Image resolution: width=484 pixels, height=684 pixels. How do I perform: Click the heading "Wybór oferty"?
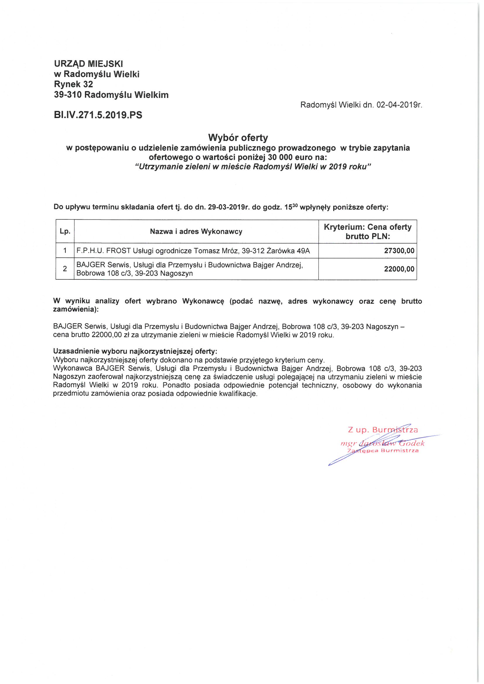(x=238, y=138)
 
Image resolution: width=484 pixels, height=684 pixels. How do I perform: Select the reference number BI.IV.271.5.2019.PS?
(x=98, y=115)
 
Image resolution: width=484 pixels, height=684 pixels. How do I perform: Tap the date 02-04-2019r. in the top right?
(x=399, y=105)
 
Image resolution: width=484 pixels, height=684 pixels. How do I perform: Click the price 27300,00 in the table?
(x=399, y=250)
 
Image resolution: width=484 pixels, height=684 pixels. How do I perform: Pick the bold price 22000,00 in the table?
(x=399, y=269)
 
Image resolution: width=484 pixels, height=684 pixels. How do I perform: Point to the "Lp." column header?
(x=65, y=231)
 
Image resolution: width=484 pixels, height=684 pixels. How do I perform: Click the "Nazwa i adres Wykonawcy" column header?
(x=196, y=231)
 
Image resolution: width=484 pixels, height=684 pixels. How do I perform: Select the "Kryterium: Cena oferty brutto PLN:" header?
(x=367, y=231)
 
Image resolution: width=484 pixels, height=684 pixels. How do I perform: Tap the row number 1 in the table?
(x=65, y=250)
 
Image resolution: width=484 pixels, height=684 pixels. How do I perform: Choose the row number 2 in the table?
(x=65, y=269)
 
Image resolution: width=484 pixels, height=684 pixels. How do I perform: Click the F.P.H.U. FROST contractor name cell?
(x=193, y=250)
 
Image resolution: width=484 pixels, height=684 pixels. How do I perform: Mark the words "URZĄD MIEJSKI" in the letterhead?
(x=88, y=64)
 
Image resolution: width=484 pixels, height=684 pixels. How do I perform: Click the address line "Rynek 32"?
(x=73, y=84)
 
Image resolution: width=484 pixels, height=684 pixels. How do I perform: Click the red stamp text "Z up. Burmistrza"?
(x=383, y=430)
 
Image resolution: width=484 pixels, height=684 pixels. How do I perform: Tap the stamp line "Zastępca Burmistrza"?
(x=383, y=451)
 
